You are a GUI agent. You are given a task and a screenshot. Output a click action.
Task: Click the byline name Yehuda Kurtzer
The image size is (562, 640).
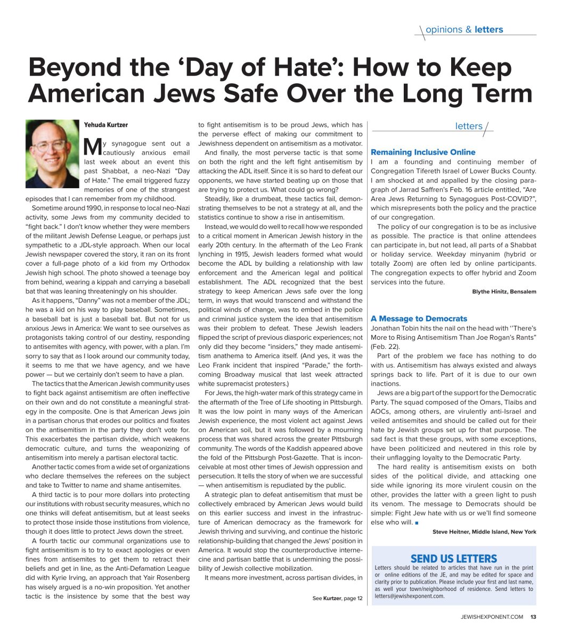(106, 125)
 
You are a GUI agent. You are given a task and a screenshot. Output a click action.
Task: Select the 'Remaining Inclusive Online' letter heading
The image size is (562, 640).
(423, 152)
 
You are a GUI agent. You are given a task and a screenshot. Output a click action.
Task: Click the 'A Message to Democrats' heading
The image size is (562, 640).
(419, 318)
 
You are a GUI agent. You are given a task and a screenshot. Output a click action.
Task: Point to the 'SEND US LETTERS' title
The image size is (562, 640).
(454, 558)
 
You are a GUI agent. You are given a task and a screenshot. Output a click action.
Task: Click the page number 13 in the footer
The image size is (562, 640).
(533, 618)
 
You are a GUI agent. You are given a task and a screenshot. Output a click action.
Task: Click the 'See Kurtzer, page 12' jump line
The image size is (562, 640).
(337, 598)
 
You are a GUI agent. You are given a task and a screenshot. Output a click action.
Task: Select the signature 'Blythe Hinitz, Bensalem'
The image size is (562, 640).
(504, 292)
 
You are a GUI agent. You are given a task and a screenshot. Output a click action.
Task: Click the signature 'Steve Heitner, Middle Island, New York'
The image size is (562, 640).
(484, 532)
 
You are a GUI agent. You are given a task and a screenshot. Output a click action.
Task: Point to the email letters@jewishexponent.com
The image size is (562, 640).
(409, 596)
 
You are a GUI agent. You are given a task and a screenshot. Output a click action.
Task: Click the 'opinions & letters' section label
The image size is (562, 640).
(465, 30)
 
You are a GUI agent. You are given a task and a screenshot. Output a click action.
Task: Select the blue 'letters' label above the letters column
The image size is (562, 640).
(469, 126)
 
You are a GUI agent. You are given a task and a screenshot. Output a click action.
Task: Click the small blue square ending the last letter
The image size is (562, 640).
(417, 522)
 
